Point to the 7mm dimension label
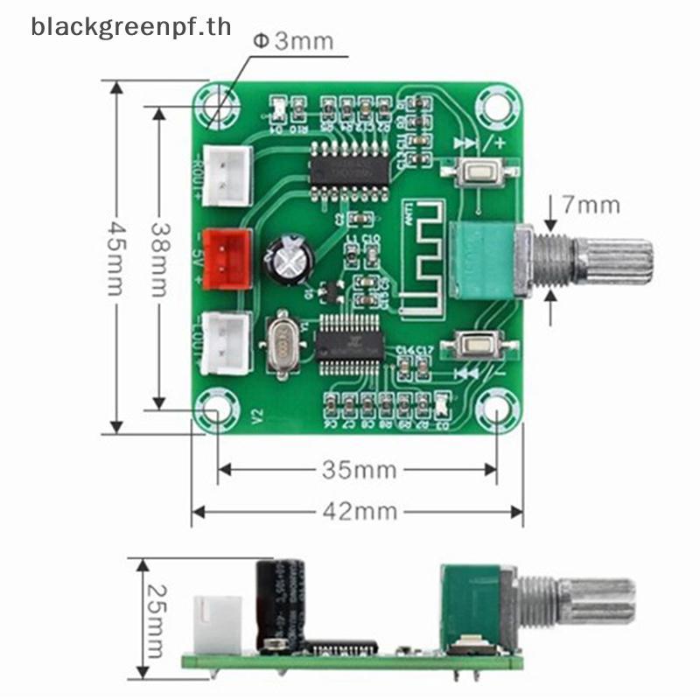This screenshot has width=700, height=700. tap(591, 206)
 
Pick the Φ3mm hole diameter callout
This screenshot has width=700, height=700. tap(293, 40)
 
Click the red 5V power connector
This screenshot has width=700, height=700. tap(226, 260)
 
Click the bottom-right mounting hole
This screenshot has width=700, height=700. tap(493, 410)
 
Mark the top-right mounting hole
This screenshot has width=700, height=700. tap(494, 106)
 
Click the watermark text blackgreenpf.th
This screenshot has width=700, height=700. tap(131, 26)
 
